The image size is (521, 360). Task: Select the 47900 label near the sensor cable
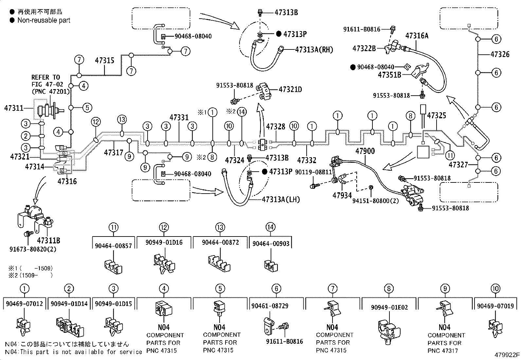click(365, 151)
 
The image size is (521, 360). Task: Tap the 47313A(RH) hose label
click(314, 49)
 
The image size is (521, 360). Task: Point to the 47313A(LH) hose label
click(281, 199)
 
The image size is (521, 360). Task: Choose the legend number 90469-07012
click(25, 304)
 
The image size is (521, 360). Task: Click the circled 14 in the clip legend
click(271, 227)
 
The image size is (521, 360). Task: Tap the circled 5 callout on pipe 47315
click(87, 107)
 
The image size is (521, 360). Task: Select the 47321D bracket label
click(290, 89)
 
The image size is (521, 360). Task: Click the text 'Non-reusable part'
click(44, 20)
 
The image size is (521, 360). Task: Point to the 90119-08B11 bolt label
click(314, 172)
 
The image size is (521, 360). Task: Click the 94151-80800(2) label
click(375, 200)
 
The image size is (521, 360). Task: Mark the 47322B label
click(364, 48)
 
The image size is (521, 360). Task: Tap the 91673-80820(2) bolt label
click(33, 249)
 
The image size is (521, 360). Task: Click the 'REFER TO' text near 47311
click(46, 77)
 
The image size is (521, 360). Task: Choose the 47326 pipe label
click(500, 54)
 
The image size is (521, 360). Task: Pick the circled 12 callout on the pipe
click(96, 122)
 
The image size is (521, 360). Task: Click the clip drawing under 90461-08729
click(269, 325)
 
